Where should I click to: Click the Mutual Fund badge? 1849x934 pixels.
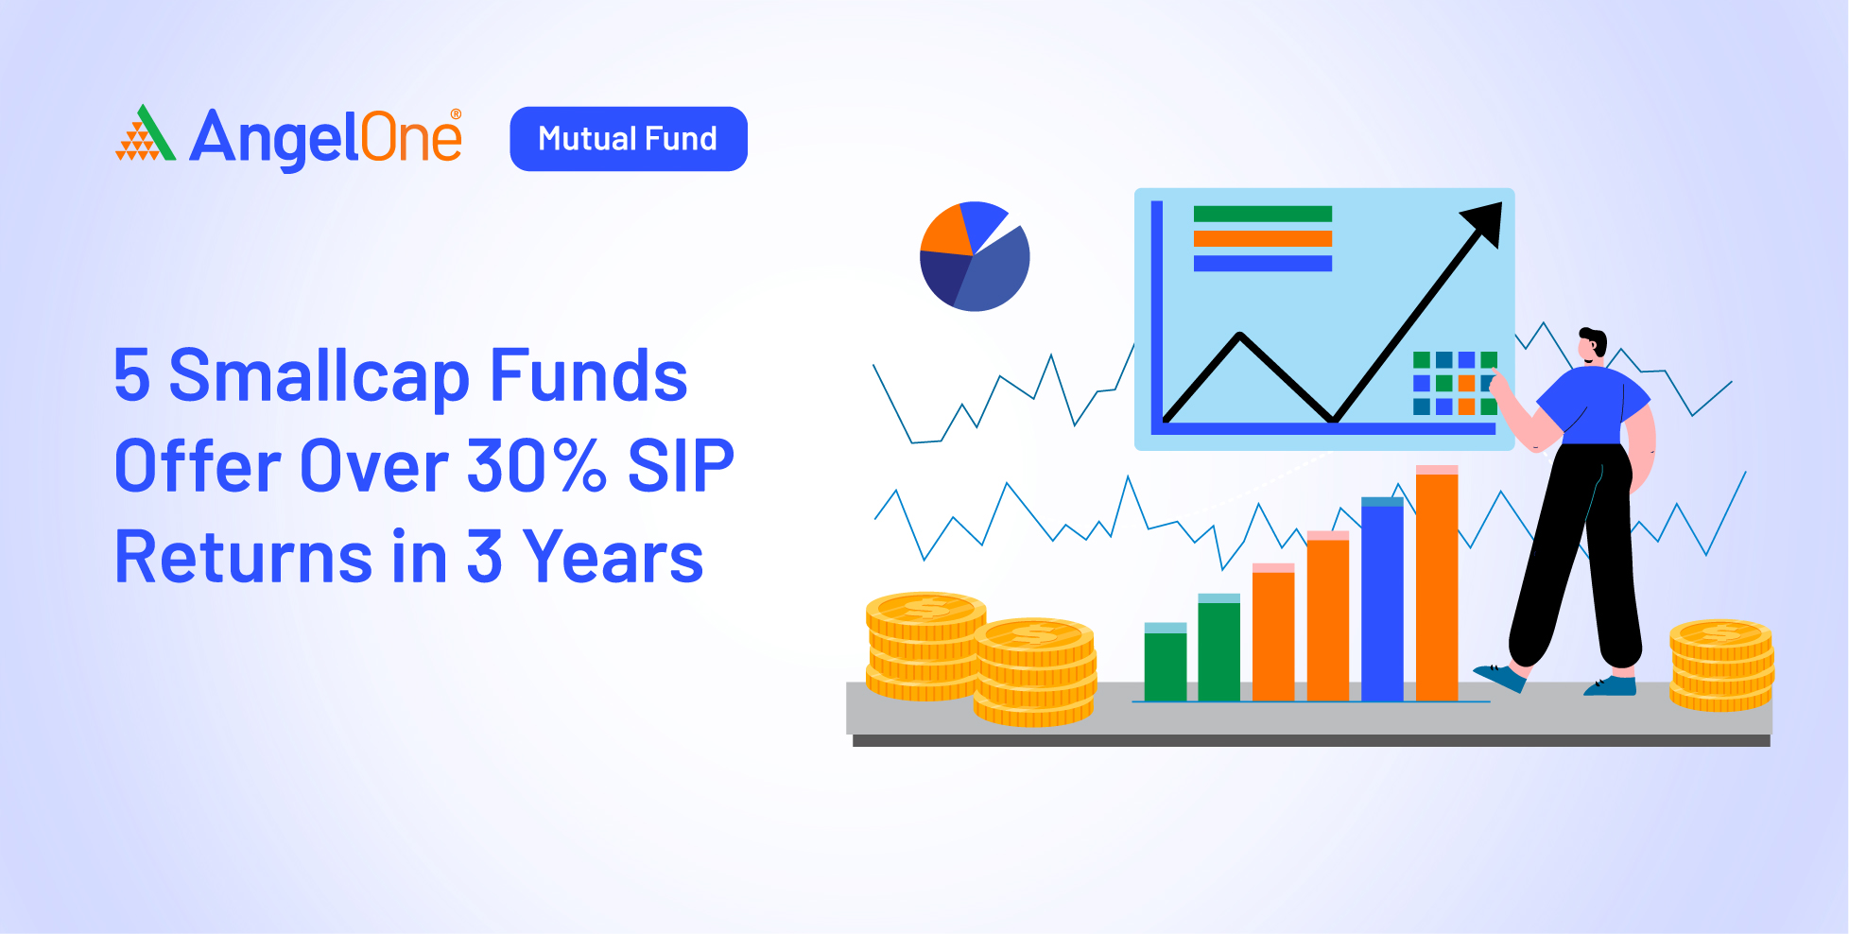629,139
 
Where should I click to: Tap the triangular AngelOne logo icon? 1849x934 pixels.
146,133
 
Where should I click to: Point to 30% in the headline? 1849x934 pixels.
536,465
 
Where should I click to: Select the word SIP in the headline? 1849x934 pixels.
681,465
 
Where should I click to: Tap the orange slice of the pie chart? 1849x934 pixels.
946,233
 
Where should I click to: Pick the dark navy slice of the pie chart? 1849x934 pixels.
944,277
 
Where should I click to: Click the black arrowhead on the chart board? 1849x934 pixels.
1483,223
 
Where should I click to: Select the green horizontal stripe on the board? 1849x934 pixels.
1263,214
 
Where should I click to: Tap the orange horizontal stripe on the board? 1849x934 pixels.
1263,238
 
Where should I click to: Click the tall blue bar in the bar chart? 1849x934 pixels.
1382,599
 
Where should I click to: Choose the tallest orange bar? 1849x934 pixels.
1437,583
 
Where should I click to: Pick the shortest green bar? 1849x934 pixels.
1166,662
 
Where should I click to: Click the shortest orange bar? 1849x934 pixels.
1273,632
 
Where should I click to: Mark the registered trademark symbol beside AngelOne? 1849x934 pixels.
456,114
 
